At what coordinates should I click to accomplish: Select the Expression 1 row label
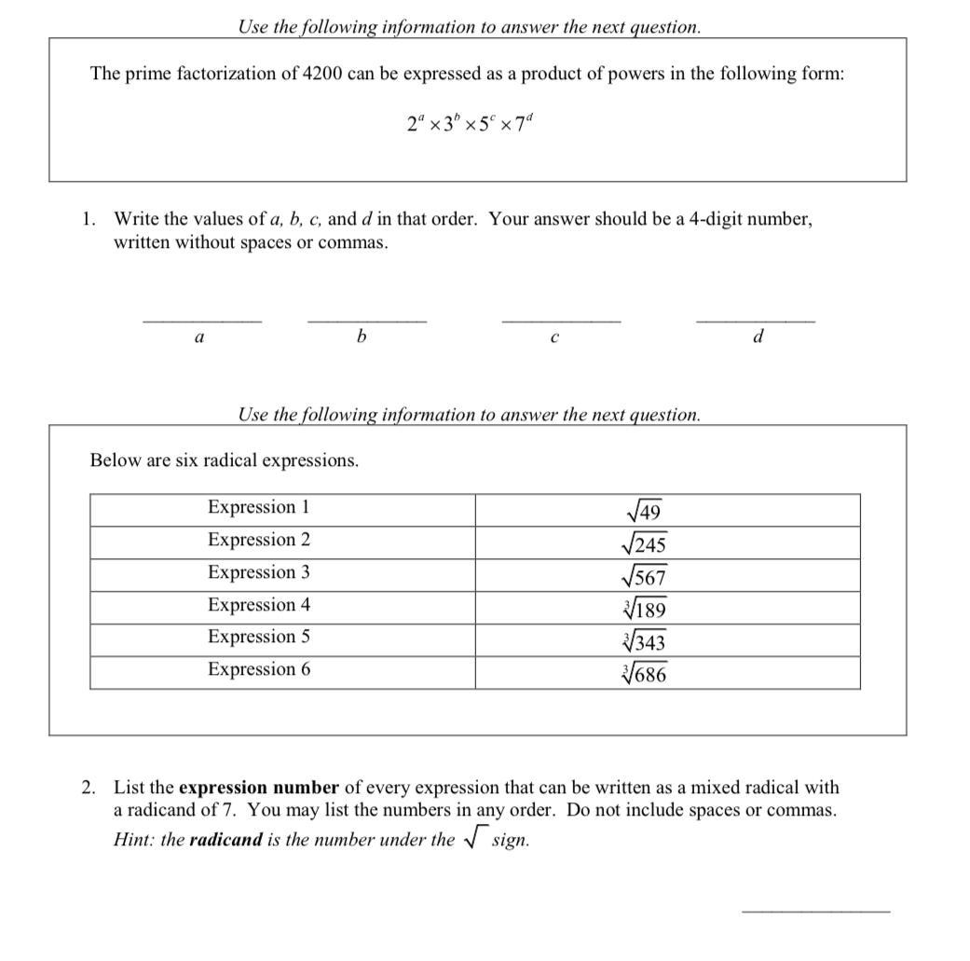[x=258, y=507]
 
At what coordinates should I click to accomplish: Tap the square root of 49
[x=643, y=512]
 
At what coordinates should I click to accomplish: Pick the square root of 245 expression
[x=644, y=544]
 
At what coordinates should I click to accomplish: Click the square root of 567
[x=644, y=577]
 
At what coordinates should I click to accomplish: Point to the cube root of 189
[x=644, y=610]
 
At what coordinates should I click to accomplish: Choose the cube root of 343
[x=644, y=642]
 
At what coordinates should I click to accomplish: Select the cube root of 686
[x=644, y=674]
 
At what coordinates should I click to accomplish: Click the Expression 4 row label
[x=258, y=605]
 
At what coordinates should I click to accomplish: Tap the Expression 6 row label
[x=258, y=669]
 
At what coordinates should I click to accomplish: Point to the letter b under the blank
[x=362, y=336]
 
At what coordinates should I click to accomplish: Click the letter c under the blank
[x=554, y=337]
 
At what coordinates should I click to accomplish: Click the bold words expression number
[x=258, y=788]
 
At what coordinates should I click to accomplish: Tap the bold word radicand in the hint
[x=225, y=839]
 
